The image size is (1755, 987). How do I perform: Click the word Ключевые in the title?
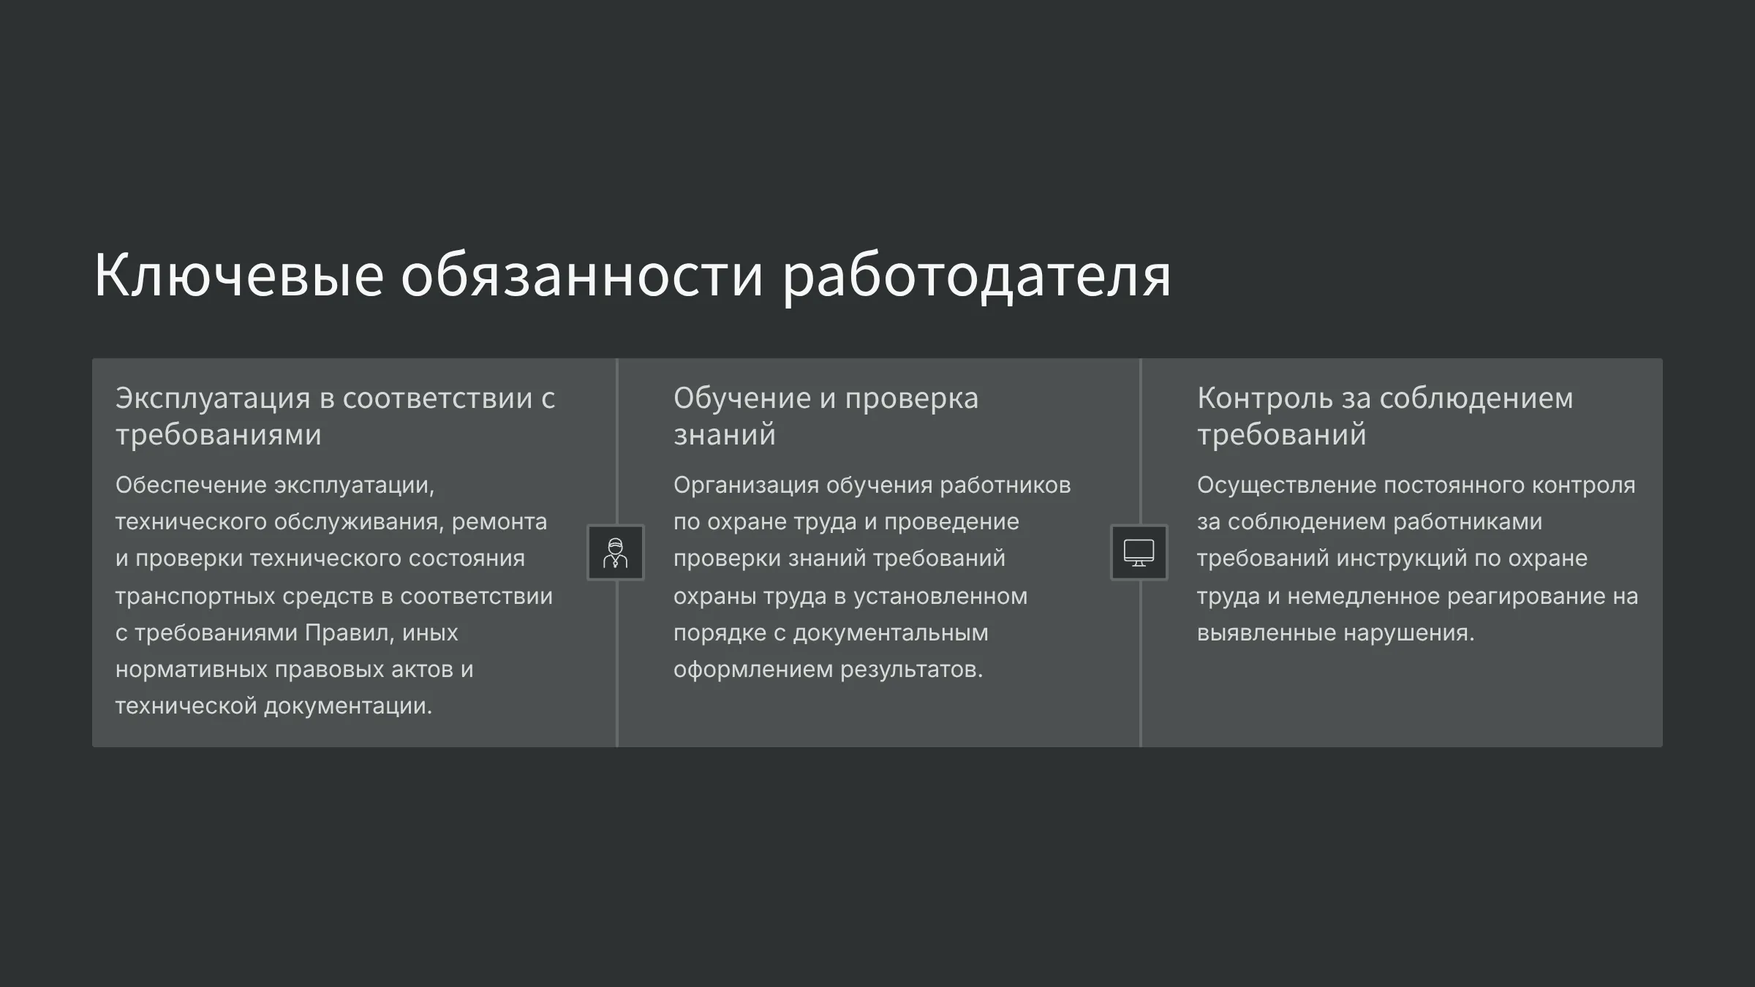[239, 276]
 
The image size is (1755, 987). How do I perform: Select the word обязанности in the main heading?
[582, 276]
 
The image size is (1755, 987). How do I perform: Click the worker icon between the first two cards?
[616, 553]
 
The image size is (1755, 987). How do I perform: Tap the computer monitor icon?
[1139, 553]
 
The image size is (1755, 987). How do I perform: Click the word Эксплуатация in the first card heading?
[213, 399]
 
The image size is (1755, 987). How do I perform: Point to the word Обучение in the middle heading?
[741, 398]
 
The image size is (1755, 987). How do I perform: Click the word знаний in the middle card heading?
[724, 435]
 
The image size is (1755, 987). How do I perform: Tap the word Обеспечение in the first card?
[191, 485]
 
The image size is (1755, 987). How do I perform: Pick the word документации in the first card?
[348, 706]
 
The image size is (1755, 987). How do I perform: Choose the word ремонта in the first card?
[499, 523]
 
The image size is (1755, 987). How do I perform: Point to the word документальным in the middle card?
[891, 633]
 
